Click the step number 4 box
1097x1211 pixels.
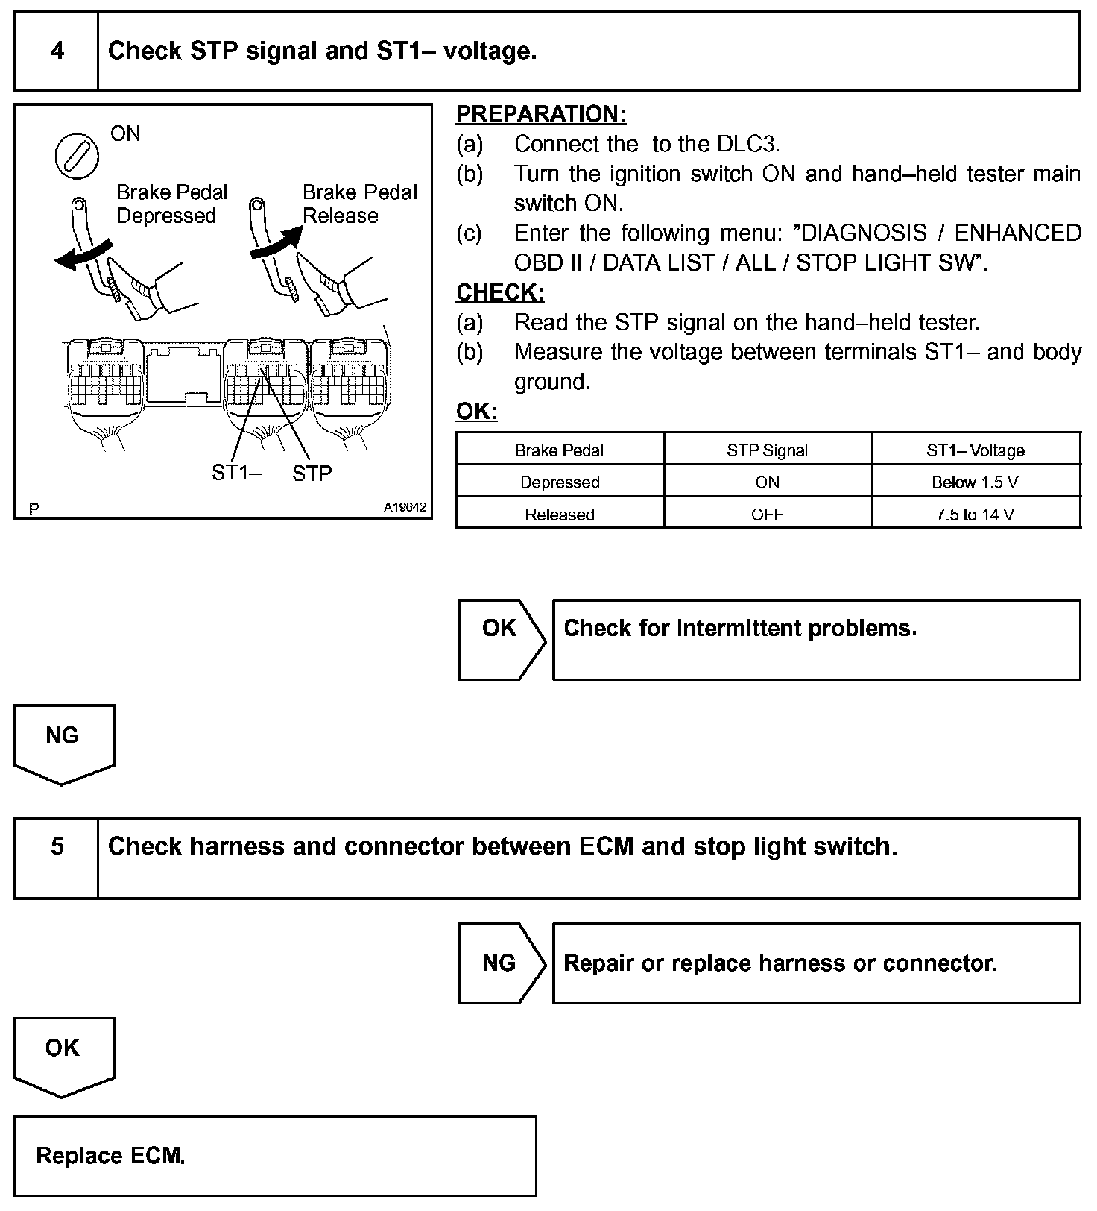tap(57, 51)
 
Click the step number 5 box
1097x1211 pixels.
tap(57, 847)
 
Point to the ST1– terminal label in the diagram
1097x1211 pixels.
tap(235, 473)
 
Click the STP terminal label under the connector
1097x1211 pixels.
tap(312, 474)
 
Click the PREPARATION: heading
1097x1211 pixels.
tap(541, 114)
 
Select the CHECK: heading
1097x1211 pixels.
tap(500, 292)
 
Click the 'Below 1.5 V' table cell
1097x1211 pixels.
tap(975, 482)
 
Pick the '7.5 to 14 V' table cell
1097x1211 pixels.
tap(975, 515)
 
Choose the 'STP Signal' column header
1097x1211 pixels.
tap(767, 450)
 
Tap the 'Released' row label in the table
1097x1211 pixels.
tap(559, 515)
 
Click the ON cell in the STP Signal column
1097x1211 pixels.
tap(767, 482)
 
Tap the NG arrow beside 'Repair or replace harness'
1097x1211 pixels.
tap(500, 963)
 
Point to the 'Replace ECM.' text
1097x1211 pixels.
tap(110, 1157)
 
